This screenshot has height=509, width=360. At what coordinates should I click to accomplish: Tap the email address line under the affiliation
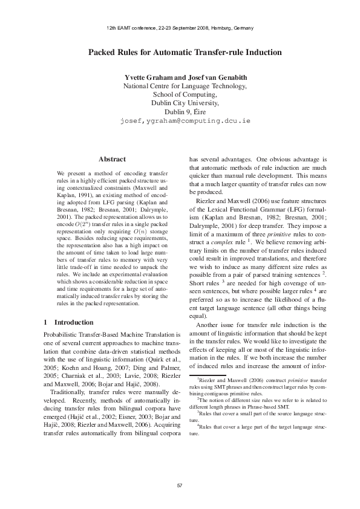[185, 120]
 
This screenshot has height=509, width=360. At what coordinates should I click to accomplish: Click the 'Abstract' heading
[112, 159]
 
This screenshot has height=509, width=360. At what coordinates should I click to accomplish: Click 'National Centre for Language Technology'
[185, 86]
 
